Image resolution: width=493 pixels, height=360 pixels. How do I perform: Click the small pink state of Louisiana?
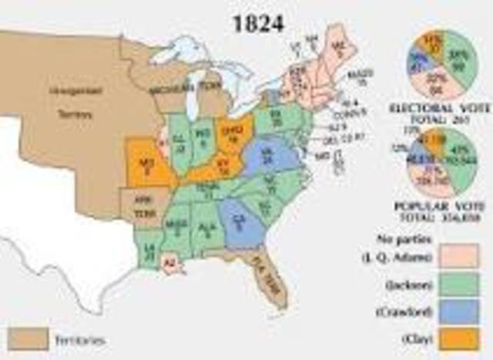coord(171,264)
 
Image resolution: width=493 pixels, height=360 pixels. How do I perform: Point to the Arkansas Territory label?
coord(140,204)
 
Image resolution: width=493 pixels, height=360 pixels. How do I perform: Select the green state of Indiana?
coord(203,140)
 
